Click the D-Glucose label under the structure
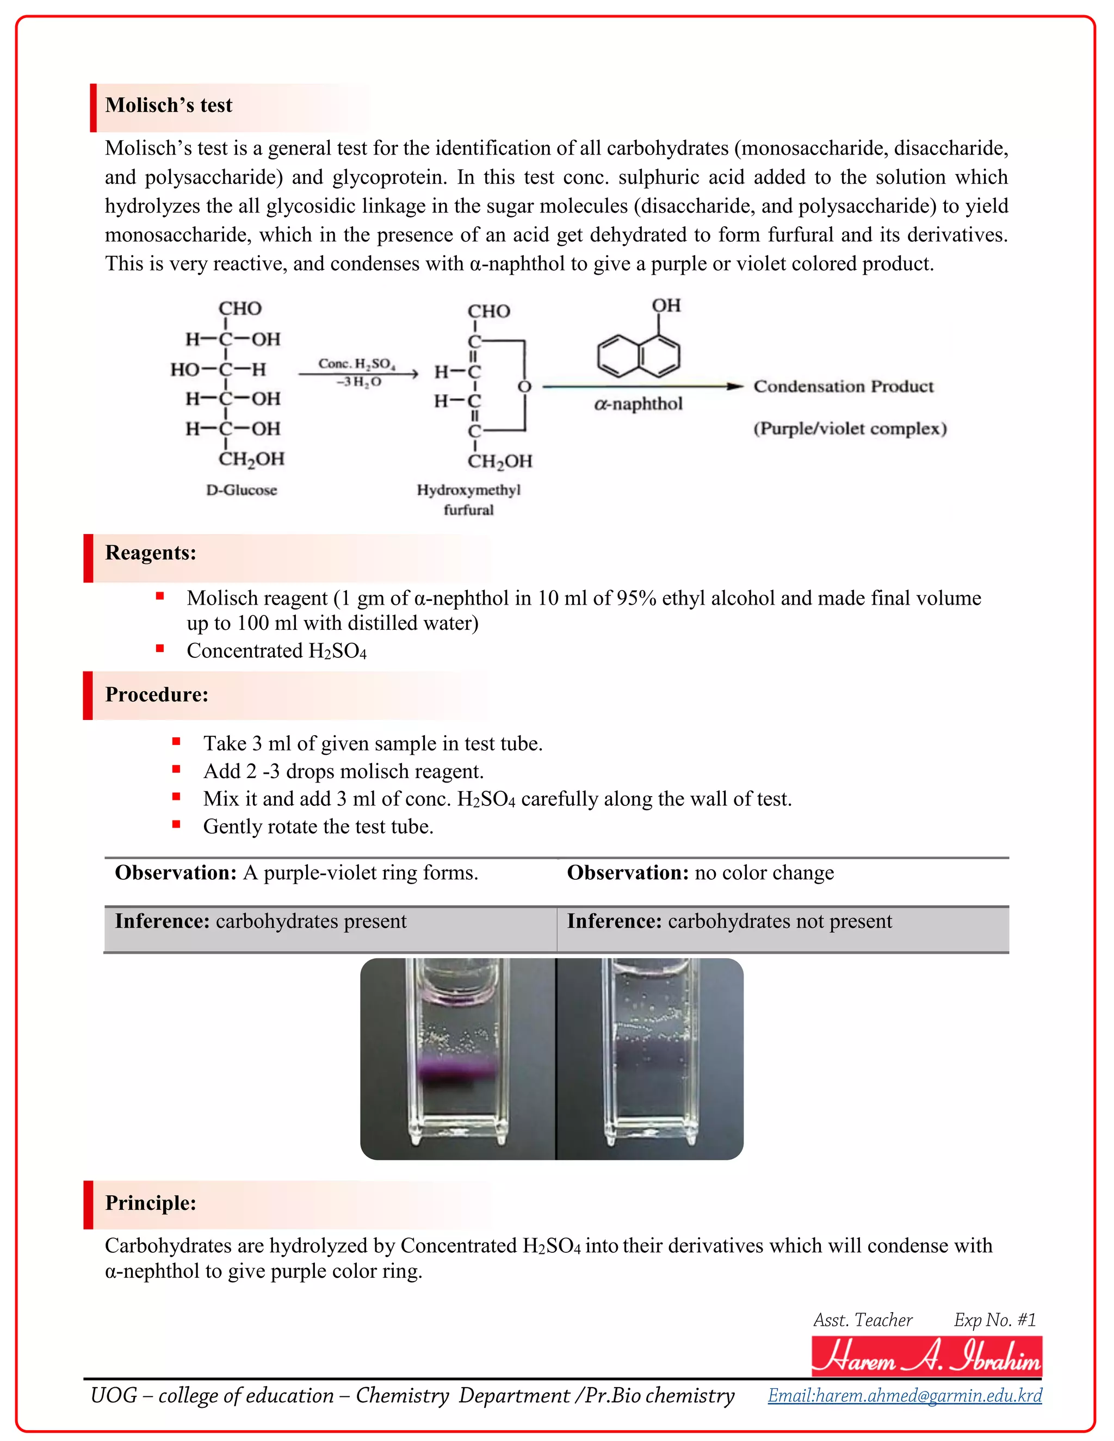coord(242,490)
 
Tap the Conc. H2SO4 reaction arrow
coord(358,374)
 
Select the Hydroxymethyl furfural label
coord(468,500)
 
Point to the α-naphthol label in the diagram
coord(638,404)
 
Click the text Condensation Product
coord(844,387)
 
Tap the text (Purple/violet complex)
coord(850,429)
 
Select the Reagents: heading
coord(151,553)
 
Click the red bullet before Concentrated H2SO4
coord(160,649)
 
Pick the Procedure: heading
coord(157,695)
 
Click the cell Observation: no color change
coord(700,873)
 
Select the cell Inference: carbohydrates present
coord(261,921)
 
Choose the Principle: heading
coord(151,1203)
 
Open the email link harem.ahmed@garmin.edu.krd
coord(905,1395)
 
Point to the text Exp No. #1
coord(994,1320)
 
